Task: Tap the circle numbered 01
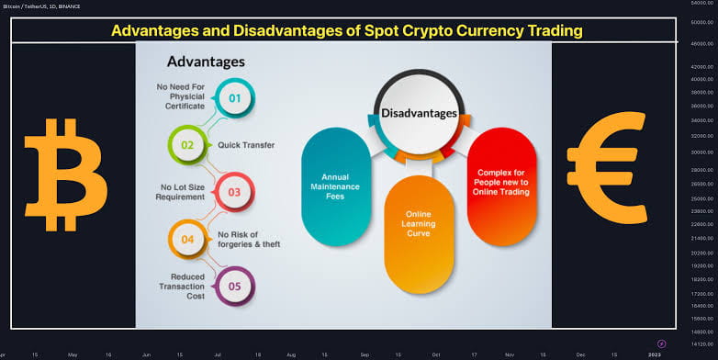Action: (233, 96)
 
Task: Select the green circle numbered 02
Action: (186, 144)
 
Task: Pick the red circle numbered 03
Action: (233, 192)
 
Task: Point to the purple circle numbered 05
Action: (233, 286)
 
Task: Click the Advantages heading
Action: (205, 62)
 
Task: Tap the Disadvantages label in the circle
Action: (420, 113)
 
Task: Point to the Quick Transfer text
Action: (246, 144)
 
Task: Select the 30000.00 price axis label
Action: (702, 152)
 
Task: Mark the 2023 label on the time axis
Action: (655, 353)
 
